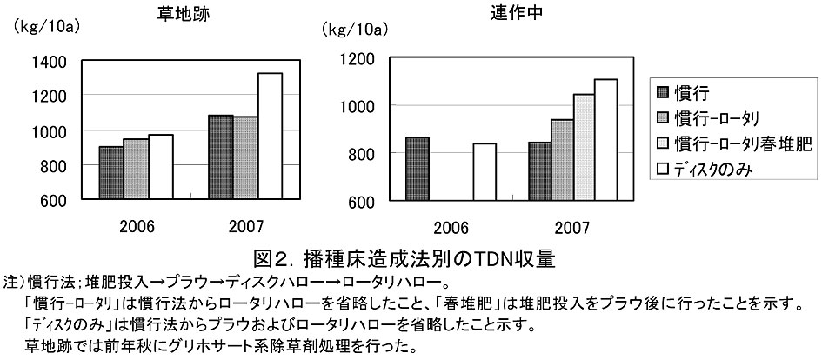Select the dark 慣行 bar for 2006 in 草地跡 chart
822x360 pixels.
pyautogui.click(x=111, y=173)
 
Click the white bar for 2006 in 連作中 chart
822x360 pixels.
pyautogui.click(x=485, y=172)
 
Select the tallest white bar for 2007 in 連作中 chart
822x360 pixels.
pyautogui.click(x=605, y=140)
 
